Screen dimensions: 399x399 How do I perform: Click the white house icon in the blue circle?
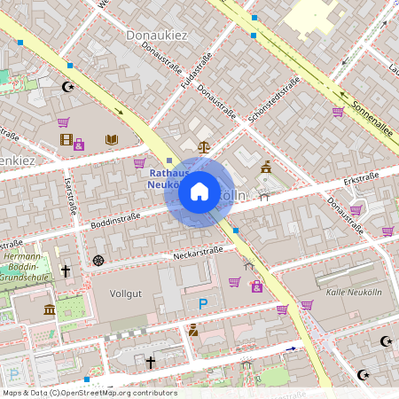(x=199, y=191)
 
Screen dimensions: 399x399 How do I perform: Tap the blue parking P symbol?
(x=203, y=304)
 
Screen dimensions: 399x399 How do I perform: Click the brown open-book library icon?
(x=111, y=139)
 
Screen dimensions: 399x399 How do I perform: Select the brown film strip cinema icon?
(x=65, y=139)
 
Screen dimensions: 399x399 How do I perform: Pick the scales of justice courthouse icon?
(x=204, y=146)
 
